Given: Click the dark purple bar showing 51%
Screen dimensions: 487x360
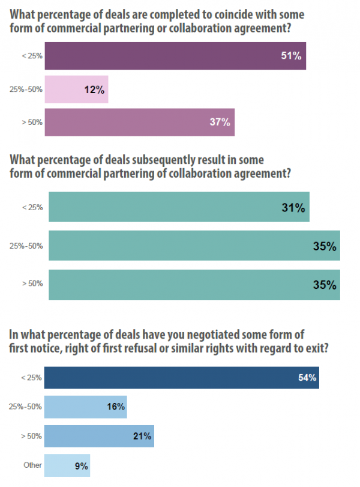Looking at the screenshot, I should (175, 56).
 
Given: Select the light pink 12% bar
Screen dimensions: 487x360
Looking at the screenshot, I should (76, 89).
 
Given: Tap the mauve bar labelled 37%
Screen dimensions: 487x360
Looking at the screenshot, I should (139, 122).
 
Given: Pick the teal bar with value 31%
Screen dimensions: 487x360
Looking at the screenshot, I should (179, 207).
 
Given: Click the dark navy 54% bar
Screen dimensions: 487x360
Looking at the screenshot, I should (181, 379).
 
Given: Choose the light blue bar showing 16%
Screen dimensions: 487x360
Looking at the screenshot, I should (85, 407).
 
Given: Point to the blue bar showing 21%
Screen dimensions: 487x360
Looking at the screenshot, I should (99, 435).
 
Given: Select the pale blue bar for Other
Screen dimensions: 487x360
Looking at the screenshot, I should (67, 465).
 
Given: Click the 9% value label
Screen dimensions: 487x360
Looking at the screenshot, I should (82, 465).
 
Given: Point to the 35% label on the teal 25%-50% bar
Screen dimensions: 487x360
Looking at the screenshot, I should (324, 247).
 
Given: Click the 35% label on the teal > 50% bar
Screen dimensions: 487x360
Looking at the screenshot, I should (324, 285).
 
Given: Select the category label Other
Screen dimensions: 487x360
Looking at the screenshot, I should (32, 465).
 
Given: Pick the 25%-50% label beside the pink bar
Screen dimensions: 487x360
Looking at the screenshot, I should (26, 90).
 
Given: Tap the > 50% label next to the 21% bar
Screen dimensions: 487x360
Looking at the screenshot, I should (32, 436).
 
